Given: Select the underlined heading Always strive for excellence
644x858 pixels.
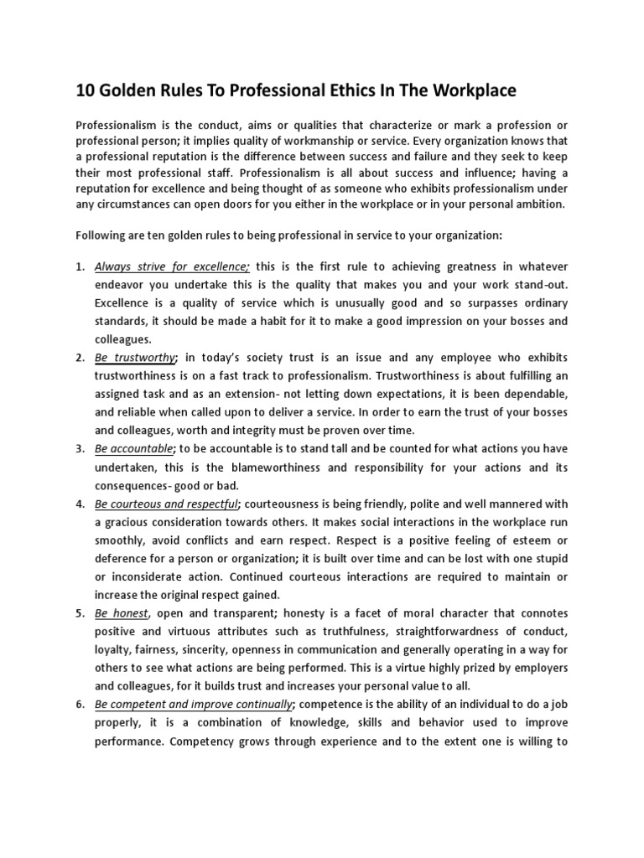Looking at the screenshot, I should click(172, 266).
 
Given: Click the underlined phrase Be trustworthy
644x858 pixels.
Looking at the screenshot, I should click(135, 358).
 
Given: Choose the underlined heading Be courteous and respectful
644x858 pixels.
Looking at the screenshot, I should click(167, 504).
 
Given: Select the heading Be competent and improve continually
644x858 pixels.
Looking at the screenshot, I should click(194, 705).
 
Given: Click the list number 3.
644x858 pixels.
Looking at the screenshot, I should click(80, 449).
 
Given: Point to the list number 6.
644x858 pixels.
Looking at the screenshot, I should click(80, 705).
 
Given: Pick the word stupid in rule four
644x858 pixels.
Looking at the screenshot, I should click(548, 559).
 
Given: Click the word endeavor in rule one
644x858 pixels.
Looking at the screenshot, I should click(121, 285).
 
